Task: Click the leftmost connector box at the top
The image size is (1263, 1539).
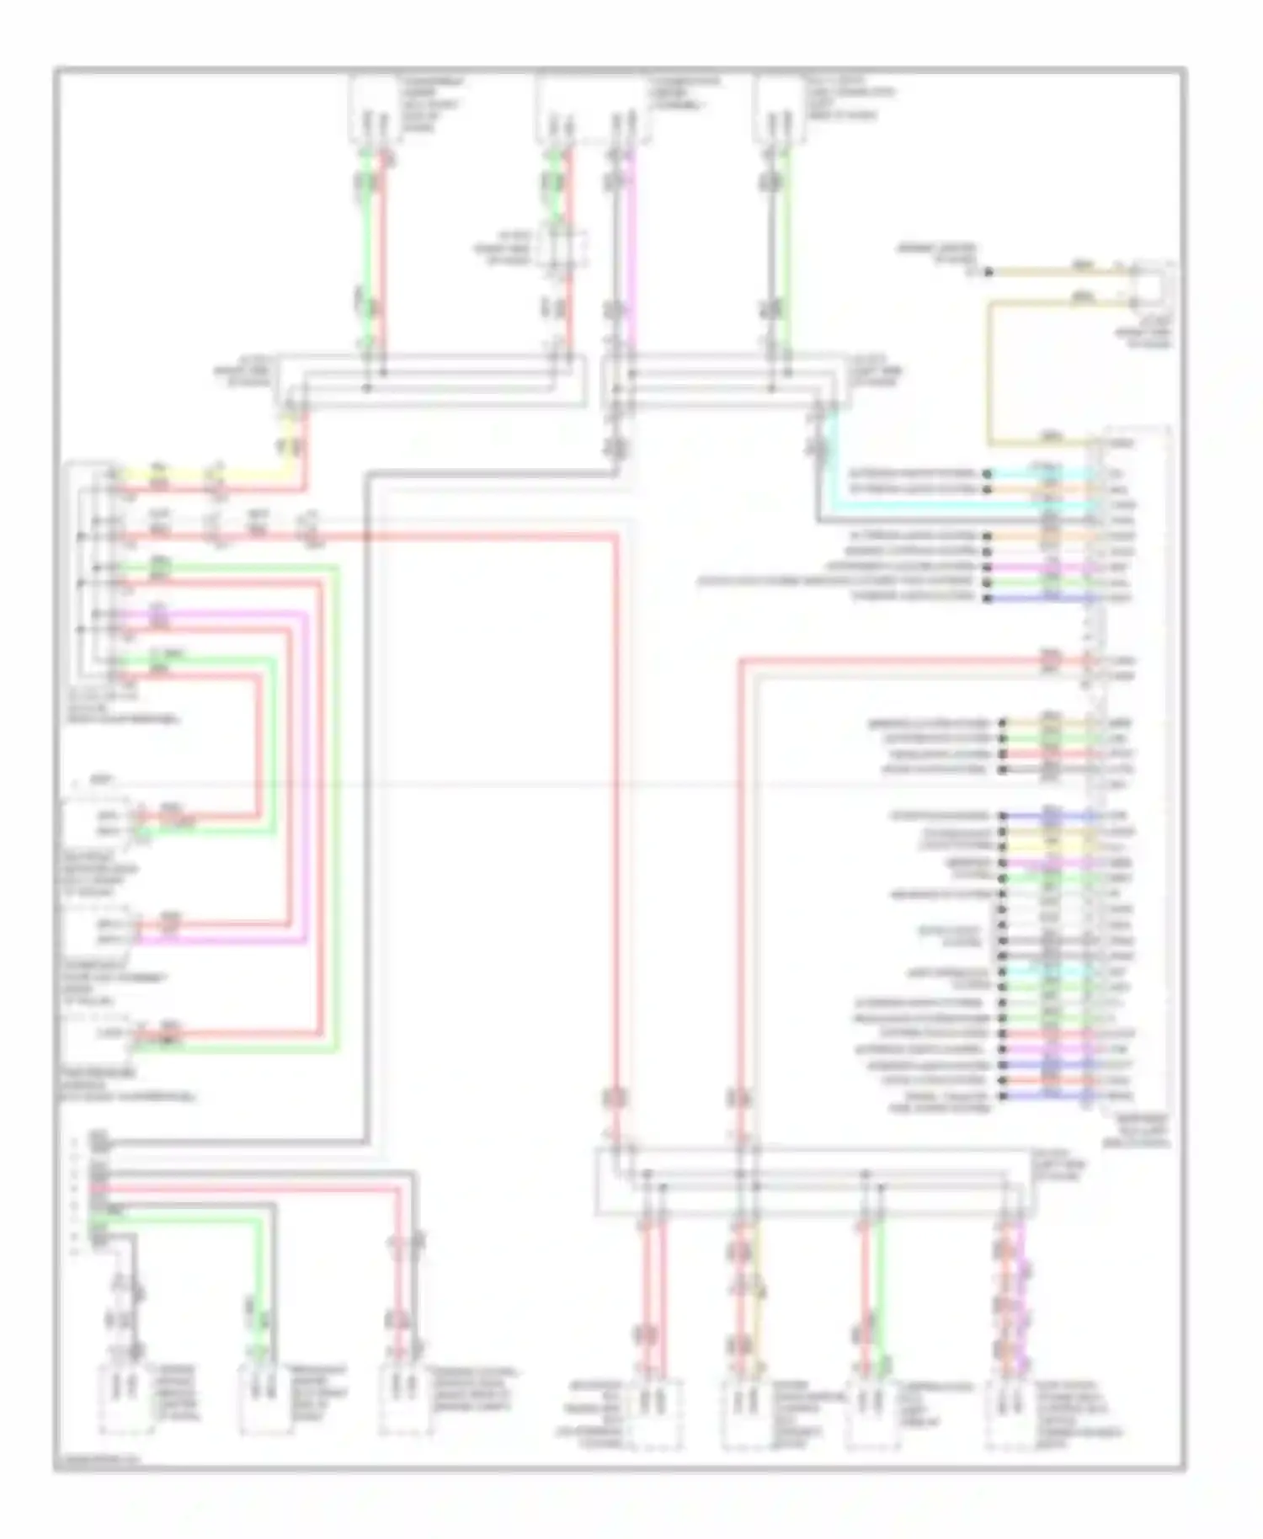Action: pos(373,108)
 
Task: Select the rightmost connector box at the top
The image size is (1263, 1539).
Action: pos(776,108)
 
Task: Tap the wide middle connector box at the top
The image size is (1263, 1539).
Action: pos(592,108)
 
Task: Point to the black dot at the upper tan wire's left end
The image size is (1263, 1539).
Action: pos(989,272)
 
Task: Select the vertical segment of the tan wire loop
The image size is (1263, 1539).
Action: pos(991,370)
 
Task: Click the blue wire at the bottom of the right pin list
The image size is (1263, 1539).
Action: pos(1044,1095)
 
